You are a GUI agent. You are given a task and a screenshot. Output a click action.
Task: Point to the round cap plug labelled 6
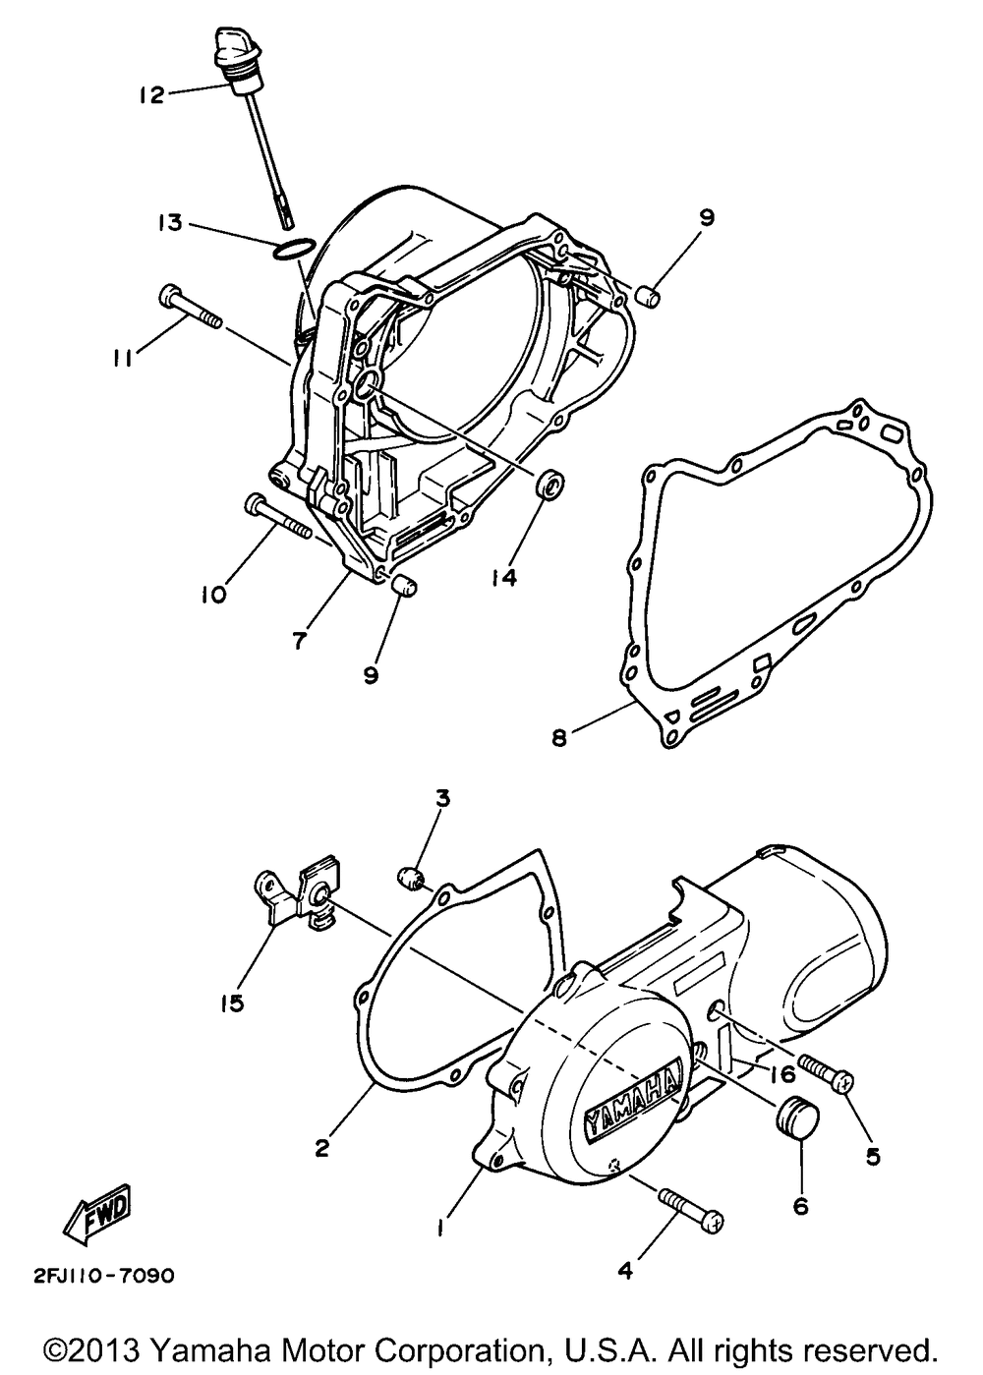click(797, 1121)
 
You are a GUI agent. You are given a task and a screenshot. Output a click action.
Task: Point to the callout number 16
click(782, 1073)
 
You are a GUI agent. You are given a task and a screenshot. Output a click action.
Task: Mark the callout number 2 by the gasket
click(322, 1146)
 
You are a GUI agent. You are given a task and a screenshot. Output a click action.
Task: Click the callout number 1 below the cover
click(442, 1228)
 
